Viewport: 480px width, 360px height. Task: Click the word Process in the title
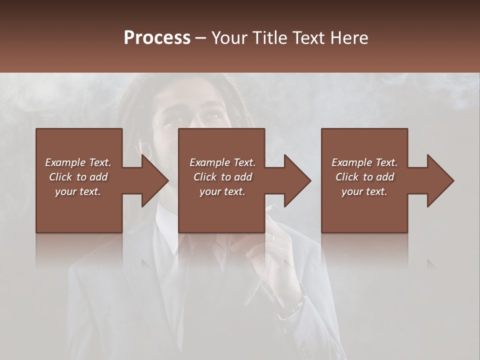pos(157,38)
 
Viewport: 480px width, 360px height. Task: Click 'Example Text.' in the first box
pos(78,162)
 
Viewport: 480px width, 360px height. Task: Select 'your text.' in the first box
pos(78,191)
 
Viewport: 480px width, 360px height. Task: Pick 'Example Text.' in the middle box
pos(222,162)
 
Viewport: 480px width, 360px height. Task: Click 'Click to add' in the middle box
pos(222,177)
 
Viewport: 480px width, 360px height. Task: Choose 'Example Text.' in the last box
pos(364,162)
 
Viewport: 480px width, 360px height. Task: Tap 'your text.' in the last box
pos(364,191)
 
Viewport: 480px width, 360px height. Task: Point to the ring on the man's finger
pos(273,239)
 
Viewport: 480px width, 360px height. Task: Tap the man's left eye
pos(212,116)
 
